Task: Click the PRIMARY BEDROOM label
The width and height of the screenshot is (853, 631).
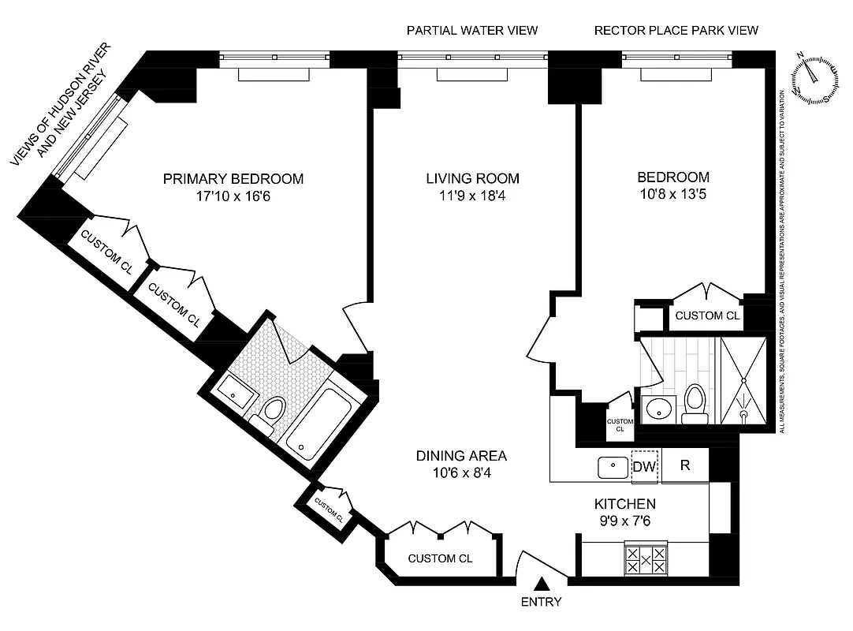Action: click(x=233, y=179)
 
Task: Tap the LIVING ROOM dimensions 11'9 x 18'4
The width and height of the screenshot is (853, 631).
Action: click(x=472, y=196)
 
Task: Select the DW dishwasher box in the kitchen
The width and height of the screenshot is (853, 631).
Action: click(x=645, y=466)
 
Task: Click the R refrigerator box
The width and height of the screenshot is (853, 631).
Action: click(x=685, y=465)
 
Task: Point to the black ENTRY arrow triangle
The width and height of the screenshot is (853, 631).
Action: click(x=542, y=584)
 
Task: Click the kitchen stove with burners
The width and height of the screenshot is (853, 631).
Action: click(x=646, y=558)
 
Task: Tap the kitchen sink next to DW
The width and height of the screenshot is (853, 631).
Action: click(x=612, y=467)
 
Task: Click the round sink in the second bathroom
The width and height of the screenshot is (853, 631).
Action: click(x=657, y=409)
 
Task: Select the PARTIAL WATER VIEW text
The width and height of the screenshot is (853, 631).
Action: click(x=471, y=31)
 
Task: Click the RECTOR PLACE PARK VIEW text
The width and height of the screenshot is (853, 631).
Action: click(x=676, y=31)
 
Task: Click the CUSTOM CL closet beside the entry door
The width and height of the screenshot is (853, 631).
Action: click(x=440, y=558)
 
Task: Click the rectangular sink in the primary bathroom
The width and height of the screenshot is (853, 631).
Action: click(x=234, y=390)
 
